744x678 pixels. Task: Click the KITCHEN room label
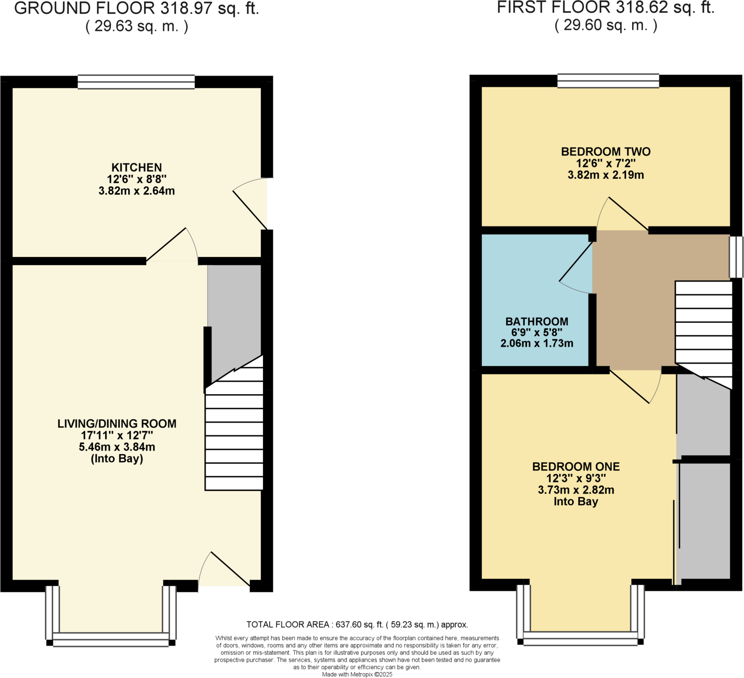[x=137, y=167]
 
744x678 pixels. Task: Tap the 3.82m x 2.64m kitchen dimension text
[x=137, y=191]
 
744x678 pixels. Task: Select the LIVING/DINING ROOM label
[x=117, y=423]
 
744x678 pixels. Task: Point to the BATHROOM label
[x=537, y=322]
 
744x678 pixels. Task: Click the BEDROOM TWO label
[x=606, y=152]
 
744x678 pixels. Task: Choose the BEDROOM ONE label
[x=576, y=467]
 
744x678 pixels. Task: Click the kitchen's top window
[x=136, y=82]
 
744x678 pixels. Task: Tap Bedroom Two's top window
[x=608, y=81]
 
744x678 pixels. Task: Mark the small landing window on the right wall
[x=736, y=257]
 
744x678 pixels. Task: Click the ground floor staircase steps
[x=234, y=436]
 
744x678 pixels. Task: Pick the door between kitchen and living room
[x=171, y=247]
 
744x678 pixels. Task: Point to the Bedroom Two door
[x=624, y=214]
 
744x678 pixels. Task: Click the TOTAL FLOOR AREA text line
[x=357, y=625]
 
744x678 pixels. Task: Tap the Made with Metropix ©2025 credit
[x=357, y=674]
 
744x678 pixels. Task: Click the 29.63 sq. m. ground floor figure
[x=137, y=27]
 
